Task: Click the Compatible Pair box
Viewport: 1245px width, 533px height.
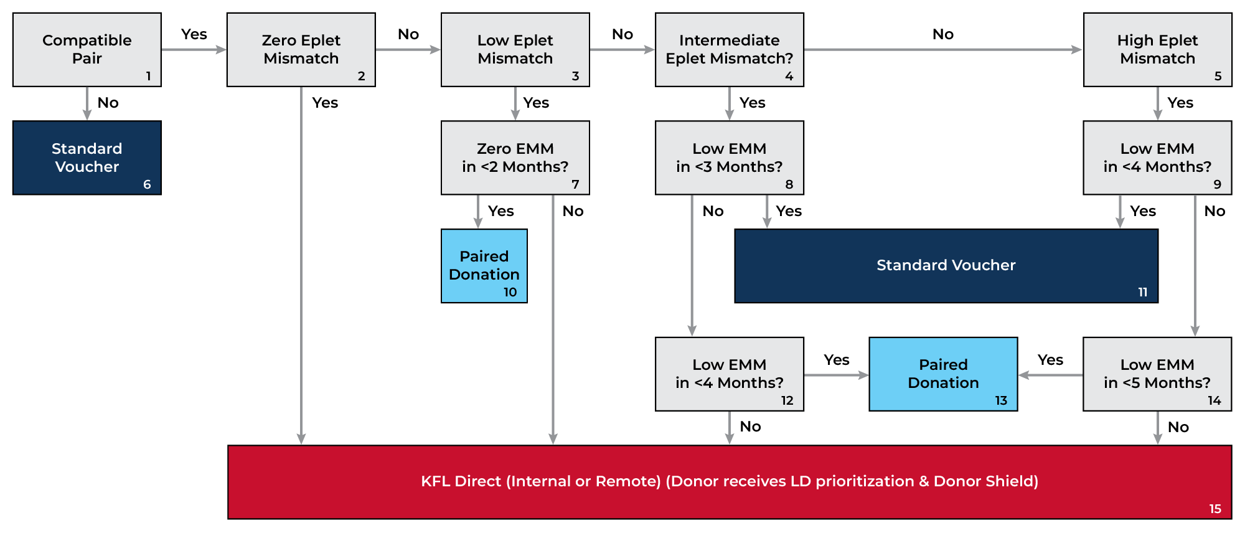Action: click(x=87, y=49)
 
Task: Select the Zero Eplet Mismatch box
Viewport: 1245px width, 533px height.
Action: click(x=301, y=49)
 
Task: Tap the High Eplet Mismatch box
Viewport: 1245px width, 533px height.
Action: click(x=1157, y=49)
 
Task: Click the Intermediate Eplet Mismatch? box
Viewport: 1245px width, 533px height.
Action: click(x=729, y=49)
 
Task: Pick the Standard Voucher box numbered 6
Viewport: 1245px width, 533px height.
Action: click(x=87, y=158)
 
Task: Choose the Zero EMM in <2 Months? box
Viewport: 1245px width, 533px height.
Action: click(x=515, y=158)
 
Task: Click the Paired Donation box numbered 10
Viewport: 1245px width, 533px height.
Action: click(x=484, y=266)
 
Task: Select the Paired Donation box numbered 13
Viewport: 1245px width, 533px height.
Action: click(x=943, y=374)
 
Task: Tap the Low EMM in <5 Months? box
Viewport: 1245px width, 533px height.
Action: click(x=1157, y=374)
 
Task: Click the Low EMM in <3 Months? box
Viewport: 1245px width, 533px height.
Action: click(x=729, y=158)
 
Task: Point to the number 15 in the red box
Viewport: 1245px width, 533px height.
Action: click(x=1215, y=509)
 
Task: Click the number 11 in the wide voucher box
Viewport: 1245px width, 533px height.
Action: click(x=1143, y=292)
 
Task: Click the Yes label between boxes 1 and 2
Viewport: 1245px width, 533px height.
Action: click(x=194, y=34)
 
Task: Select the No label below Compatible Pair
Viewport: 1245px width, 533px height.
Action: click(x=108, y=103)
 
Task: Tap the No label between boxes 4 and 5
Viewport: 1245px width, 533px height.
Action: click(x=942, y=34)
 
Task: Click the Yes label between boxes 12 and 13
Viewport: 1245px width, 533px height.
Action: click(x=836, y=360)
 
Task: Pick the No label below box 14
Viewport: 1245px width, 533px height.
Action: click(x=1178, y=427)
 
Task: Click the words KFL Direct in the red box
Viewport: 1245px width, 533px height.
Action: click(x=461, y=481)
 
